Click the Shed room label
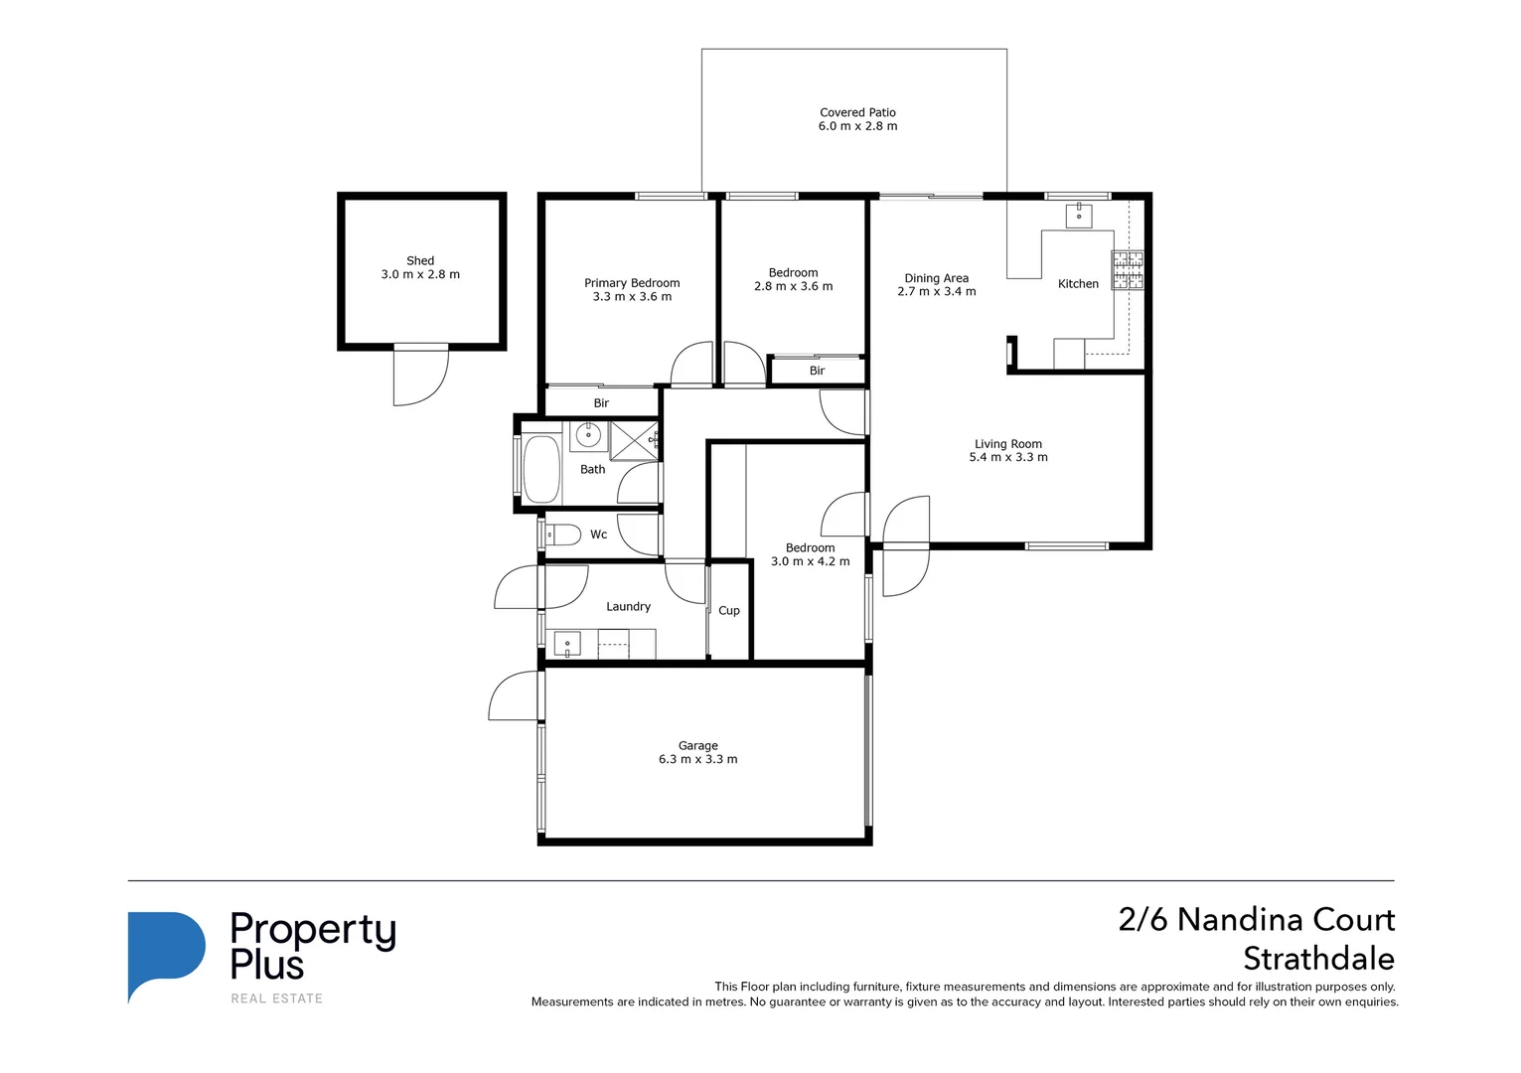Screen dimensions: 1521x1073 [x=419, y=260]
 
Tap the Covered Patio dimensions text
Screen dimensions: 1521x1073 [x=857, y=126]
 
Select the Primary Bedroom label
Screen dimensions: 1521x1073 [x=632, y=283]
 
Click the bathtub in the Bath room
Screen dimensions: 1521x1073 [x=541, y=469]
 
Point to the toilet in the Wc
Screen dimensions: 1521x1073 [x=561, y=536]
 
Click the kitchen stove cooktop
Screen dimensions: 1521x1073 [x=1128, y=270]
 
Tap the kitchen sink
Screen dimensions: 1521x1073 [x=1078, y=215]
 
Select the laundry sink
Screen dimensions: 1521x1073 [x=567, y=644]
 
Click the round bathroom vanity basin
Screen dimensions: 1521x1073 [x=588, y=434]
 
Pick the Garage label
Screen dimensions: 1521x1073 [x=697, y=746]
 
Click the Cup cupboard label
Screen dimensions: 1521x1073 [x=728, y=611]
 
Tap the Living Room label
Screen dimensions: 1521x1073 [x=1007, y=444]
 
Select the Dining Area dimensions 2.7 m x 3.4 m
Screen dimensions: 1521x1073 [x=937, y=292]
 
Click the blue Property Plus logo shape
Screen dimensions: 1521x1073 [x=166, y=957]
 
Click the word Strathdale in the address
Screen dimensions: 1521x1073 [x=1318, y=959]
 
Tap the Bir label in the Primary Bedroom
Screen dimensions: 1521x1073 [x=601, y=403]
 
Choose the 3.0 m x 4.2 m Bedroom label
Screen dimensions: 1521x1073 [x=810, y=554]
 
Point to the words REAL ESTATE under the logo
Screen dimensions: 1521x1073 [x=277, y=998]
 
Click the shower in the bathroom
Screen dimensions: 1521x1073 [x=634, y=441]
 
